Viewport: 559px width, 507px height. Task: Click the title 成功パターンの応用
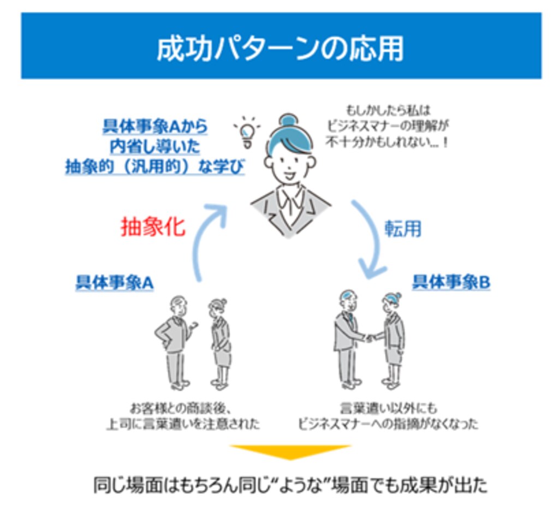coord(280,50)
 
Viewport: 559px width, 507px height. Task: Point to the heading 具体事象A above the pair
coord(114,283)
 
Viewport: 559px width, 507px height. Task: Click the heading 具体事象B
coord(451,283)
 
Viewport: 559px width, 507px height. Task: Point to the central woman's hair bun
coord(288,121)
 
